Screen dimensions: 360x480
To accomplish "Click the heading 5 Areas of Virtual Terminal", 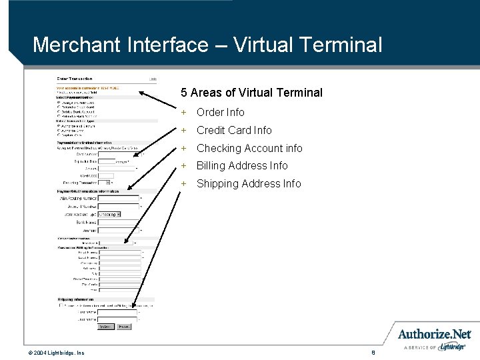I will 251,93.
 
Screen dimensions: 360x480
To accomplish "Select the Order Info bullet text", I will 221,112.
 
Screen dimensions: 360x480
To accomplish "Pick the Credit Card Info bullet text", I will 234,130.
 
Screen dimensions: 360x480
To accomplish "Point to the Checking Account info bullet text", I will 249,148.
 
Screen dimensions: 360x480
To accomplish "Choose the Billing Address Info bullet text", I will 242,165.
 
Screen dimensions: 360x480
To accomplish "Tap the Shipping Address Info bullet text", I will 249,183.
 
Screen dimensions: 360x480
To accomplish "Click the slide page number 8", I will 375,351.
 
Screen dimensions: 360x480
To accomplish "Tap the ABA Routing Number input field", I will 119,198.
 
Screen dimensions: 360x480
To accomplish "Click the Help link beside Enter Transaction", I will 153,79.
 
